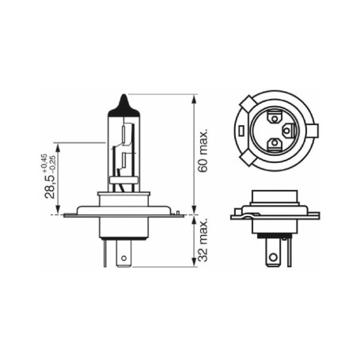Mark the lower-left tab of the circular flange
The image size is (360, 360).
(x=246, y=157)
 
